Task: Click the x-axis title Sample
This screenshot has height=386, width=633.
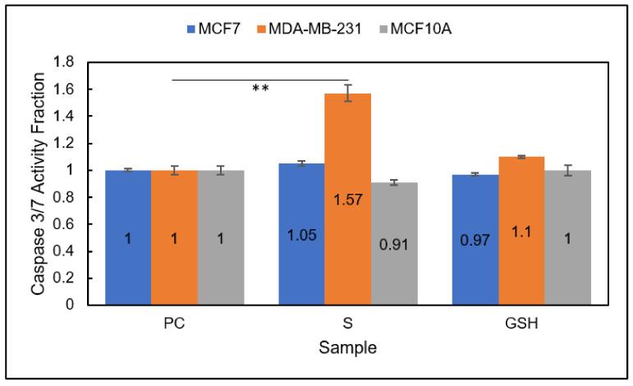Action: [347, 348]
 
